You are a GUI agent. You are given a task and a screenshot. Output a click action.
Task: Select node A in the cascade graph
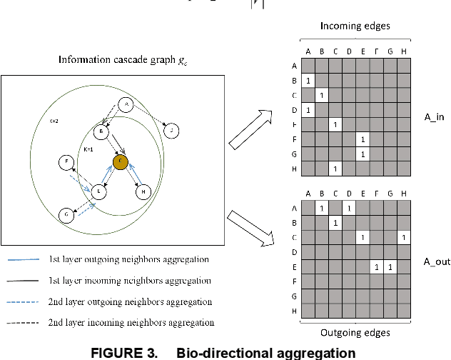(x=126, y=106)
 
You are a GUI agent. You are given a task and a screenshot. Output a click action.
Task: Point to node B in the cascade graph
(x=102, y=132)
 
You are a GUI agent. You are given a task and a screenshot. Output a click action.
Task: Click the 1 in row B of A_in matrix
(x=308, y=81)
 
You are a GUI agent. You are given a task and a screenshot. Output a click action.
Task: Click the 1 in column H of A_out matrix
(x=404, y=236)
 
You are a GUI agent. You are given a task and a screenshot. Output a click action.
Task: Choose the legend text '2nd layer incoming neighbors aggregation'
(x=130, y=323)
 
